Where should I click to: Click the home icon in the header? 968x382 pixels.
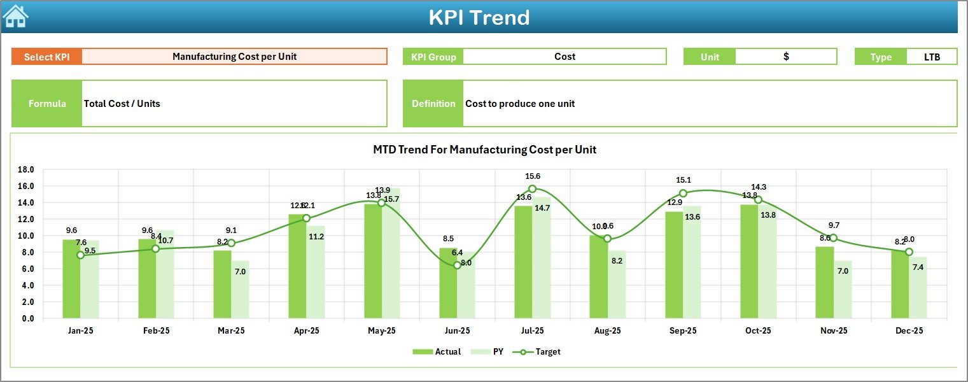pyautogui.click(x=15, y=17)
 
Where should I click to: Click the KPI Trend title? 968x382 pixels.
pyautogui.click(x=479, y=17)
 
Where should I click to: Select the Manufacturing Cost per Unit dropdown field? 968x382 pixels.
pyautogui.click(x=234, y=57)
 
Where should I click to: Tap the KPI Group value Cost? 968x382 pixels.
pyautogui.click(x=565, y=57)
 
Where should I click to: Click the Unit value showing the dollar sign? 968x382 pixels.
pyautogui.click(x=786, y=57)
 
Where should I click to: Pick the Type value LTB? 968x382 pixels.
pyautogui.click(x=932, y=57)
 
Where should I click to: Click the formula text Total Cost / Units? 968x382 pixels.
pyautogui.click(x=122, y=104)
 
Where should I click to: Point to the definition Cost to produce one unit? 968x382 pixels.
pyautogui.click(x=520, y=104)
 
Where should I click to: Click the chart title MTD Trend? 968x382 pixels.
pyautogui.click(x=484, y=150)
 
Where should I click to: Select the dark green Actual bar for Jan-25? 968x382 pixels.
pyautogui.click(x=71, y=280)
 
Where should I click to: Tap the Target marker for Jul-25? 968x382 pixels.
pyautogui.click(x=533, y=188)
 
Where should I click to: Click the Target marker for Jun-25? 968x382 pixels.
pyautogui.click(x=457, y=265)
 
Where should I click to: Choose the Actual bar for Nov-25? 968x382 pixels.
pyautogui.click(x=824, y=283)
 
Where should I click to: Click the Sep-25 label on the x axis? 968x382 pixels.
pyautogui.click(x=683, y=331)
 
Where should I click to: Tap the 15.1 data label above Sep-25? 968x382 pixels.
pyautogui.click(x=683, y=180)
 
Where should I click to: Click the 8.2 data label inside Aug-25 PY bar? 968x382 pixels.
pyautogui.click(x=617, y=278)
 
